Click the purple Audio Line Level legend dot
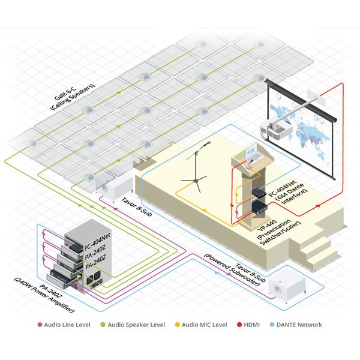(x=40, y=325)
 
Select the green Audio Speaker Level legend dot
(x=103, y=325)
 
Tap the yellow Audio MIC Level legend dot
(x=177, y=325)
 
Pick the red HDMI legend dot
(x=239, y=325)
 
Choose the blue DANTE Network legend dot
(x=272, y=325)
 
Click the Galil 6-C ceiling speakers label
(x=72, y=97)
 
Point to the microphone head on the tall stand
(x=208, y=143)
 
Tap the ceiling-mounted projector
(x=276, y=130)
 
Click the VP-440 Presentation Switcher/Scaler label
(x=279, y=232)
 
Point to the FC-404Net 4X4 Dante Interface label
(x=287, y=192)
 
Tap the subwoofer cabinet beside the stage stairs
(x=287, y=289)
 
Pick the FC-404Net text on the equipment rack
(x=97, y=242)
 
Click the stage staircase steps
(x=319, y=248)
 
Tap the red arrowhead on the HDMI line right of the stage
(x=318, y=206)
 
